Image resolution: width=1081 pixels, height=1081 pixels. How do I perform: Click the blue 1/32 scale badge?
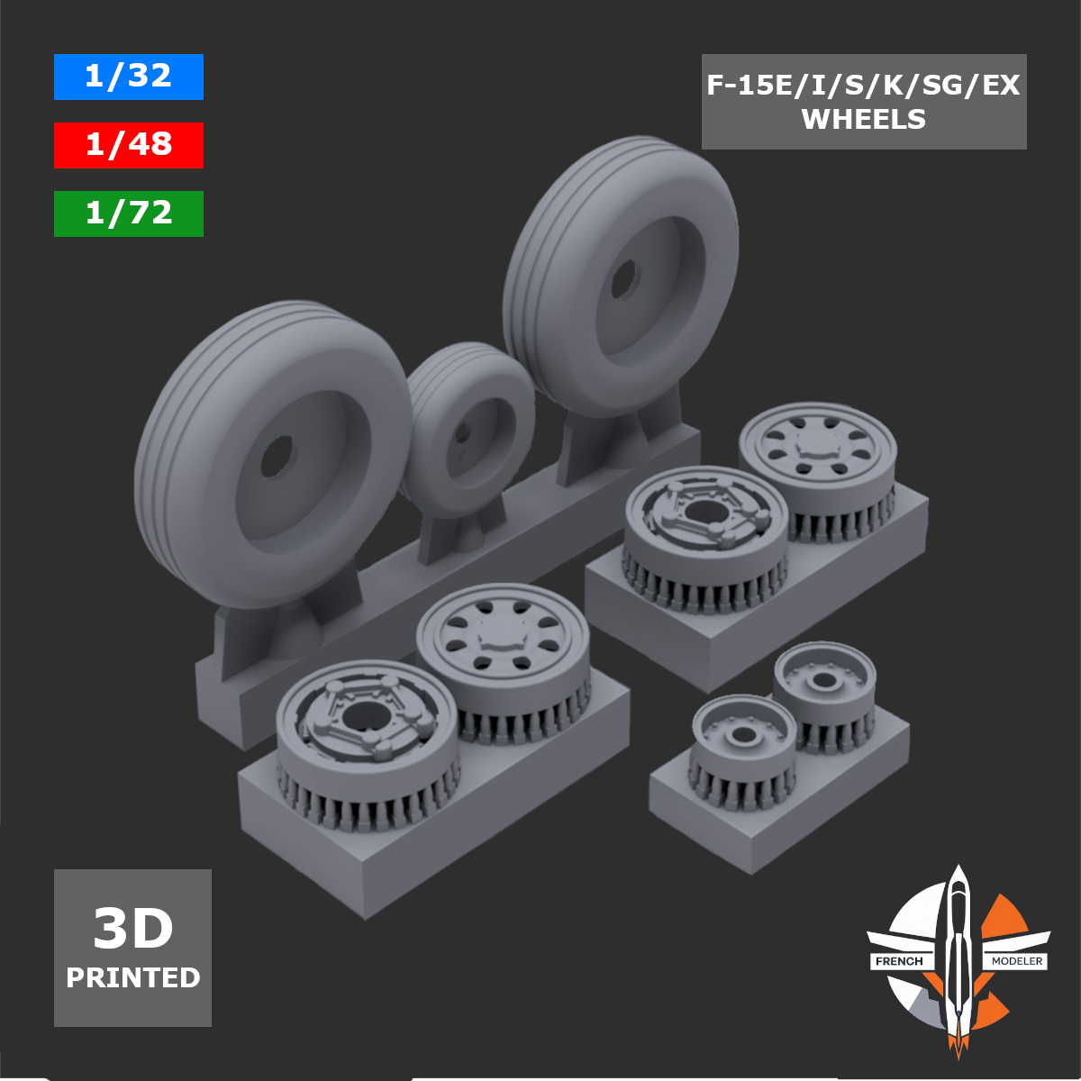click(x=128, y=77)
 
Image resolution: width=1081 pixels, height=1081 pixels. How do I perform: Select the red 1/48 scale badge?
click(x=128, y=145)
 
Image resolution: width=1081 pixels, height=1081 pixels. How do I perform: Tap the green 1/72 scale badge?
click(x=128, y=213)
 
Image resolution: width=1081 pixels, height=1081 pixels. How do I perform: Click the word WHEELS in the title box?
click(x=863, y=119)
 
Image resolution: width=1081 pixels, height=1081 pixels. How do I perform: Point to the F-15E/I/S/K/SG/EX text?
click(x=863, y=86)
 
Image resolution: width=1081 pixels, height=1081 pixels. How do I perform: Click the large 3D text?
click(x=132, y=929)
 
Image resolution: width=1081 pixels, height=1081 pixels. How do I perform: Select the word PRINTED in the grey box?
click(x=132, y=977)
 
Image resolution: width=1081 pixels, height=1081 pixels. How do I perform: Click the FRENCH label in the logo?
click(x=899, y=961)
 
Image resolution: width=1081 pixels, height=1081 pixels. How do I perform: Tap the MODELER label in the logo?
click(x=1017, y=961)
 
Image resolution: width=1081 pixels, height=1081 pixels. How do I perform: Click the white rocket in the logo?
click(x=958, y=955)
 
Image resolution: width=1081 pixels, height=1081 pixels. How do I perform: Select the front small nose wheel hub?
click(x=743, y=735)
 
